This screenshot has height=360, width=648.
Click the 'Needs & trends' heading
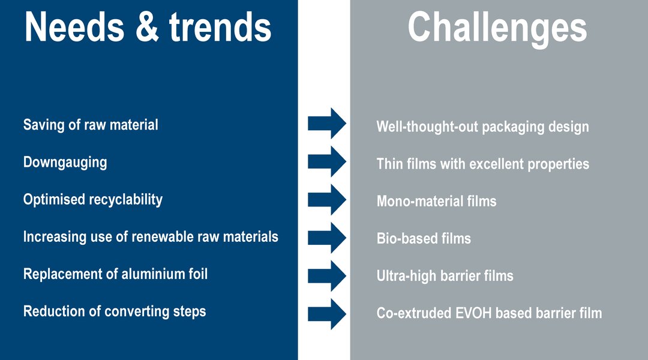tap(148, 27)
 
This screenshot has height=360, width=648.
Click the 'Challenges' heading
tap(497, 29)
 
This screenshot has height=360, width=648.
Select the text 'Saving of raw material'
tap(91, 125)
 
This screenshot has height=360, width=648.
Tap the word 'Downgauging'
tap(65, 163)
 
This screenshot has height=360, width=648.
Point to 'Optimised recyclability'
tap(92, 200)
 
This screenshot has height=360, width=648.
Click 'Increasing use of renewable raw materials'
tap(151, 237)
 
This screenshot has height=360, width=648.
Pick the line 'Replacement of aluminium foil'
tap(115, 274)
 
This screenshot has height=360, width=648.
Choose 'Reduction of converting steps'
tap(115, 311)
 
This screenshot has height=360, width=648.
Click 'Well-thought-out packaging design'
tap(482, 127)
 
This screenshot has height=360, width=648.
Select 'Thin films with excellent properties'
tap(482, 164)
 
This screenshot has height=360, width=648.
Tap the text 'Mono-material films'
tap(436, 201)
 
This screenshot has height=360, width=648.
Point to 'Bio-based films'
tap(424, 238)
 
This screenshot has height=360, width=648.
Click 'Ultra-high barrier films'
tap(445, 275)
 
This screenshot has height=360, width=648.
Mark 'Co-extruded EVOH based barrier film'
tap(490, 313)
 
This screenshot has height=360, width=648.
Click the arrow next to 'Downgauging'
tap(327, 161)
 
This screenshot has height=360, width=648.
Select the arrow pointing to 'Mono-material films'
tap(327, 199)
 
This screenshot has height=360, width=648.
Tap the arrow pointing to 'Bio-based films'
tap(327, 238)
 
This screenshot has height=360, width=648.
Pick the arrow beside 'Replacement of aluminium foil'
tap(327, 275)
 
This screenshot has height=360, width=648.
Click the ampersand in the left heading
tap(147, 28)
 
